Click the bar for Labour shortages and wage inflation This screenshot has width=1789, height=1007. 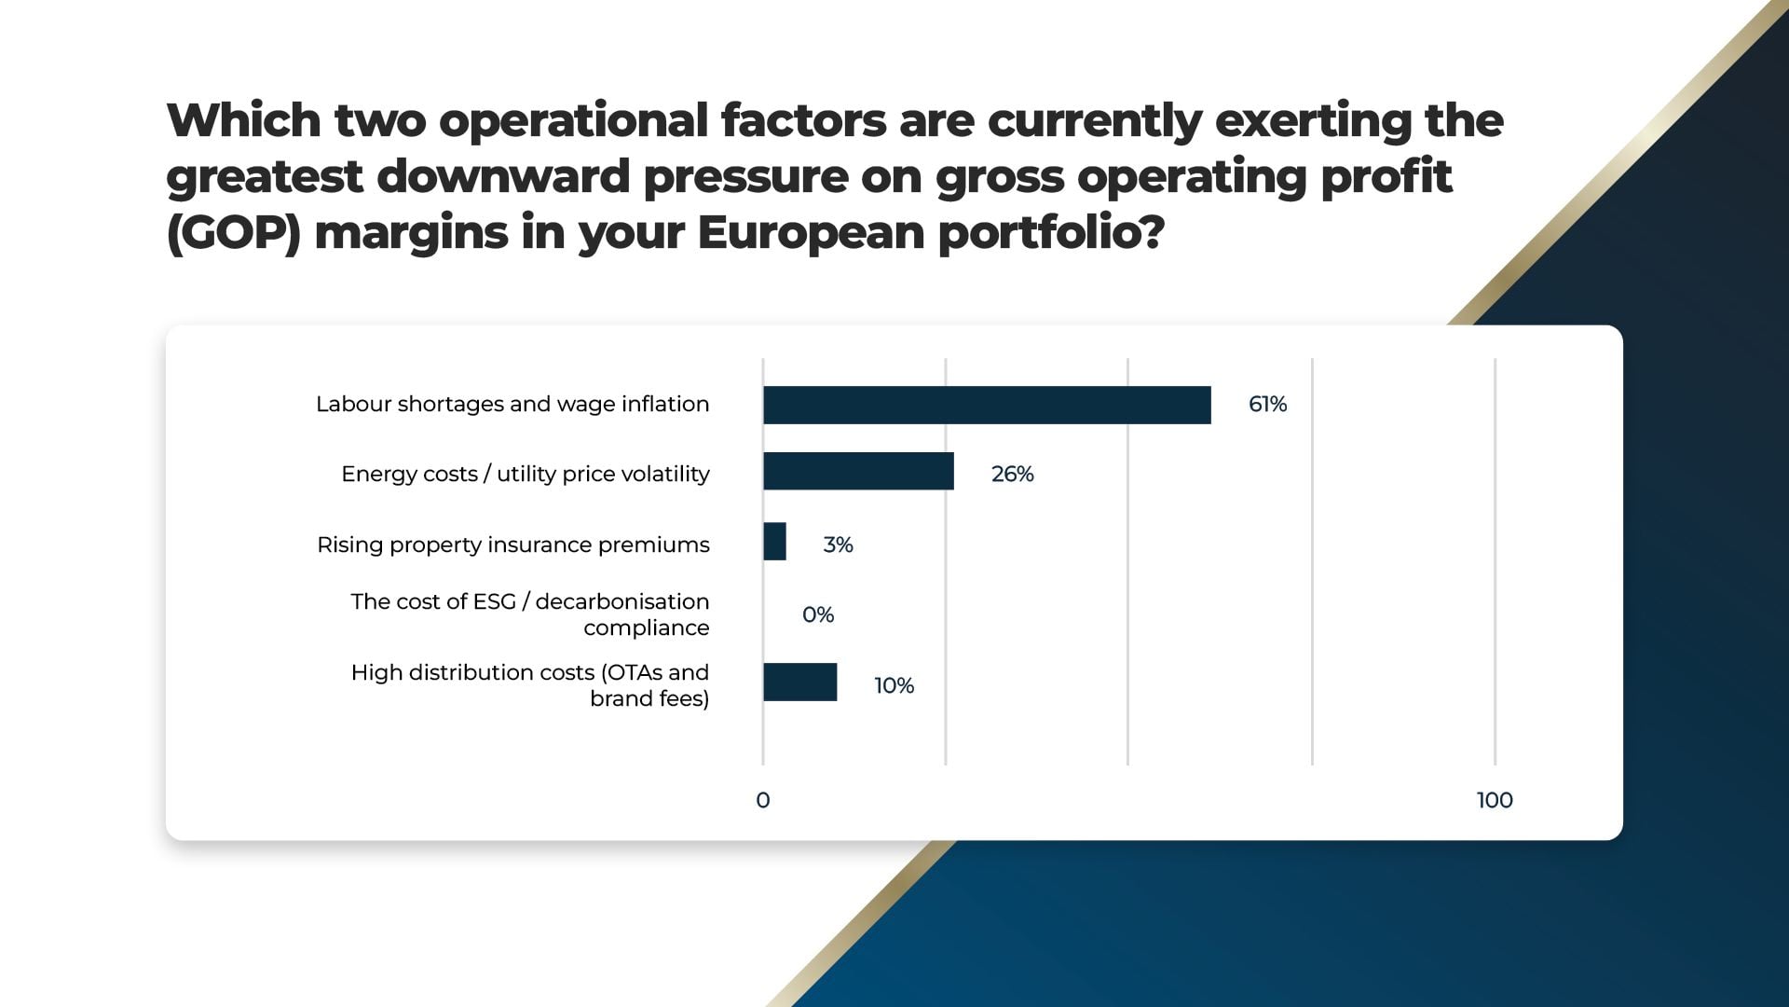pyautogui.click(x=987, y=405)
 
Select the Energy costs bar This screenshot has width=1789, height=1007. pyautogui.click(x=858, y=471)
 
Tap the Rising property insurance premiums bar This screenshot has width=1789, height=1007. pyautogui.click(x=774, y=541)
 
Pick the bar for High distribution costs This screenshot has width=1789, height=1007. pyautogui.click(x=799, y=682)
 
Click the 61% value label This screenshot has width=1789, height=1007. pyautogui.click(x=1267, y=404)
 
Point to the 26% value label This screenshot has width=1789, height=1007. pyautogui.click(x=1012, y=474)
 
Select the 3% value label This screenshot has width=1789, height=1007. pyautogui.click(x=838, y=545)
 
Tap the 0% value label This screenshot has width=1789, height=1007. pyautogui.click(x=817, y=614)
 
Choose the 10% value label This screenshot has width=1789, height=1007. pyautogui.click(x=894, y=685)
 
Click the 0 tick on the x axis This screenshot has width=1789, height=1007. pyautogui.click(x=763, y=800)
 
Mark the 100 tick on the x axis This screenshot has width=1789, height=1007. pyautogui.click(x=1495, y=800)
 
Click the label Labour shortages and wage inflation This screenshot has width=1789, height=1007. pyautogui.click(x=512, y=405)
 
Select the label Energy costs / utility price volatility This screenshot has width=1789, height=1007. pyautogui.click(x=526, y=475)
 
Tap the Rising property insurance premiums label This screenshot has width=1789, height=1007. pyautogui.click(x=513, y=545)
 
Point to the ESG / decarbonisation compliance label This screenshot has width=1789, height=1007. pyautogui.click(x=530, y=614)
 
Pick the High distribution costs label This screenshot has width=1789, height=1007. pyautogui.click(x=530, y=685)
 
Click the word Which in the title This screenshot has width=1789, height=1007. pyautogui.click(x=244, y=121)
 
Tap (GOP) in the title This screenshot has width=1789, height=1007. pyautogui.click(x=234, y=233)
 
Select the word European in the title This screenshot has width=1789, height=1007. pyautogui.click(x=811, y=233)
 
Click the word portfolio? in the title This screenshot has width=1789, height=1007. pyautogui.click(x=1052, y=233)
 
